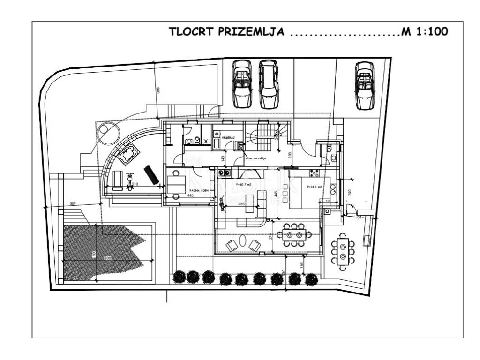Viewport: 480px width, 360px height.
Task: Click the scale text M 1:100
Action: click(x=425, y=32)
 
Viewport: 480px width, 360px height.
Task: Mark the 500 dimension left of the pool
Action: click(x=73, y=203)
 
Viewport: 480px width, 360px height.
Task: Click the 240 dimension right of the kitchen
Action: click(x=349, y=192)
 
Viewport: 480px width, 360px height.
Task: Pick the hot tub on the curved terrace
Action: click(x=129, y=154)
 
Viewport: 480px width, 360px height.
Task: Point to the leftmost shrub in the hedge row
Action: click(x=179, y=277)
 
